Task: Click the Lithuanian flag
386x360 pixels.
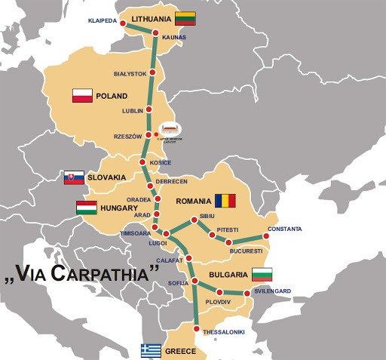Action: coord(185,18)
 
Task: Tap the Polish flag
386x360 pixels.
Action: coord(82,96)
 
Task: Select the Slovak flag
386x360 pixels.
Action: coord(74,177)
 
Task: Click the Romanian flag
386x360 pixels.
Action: coord(225,201)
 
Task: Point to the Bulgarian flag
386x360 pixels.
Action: coord(262,274)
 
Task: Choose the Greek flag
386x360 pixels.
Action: coord(151,351)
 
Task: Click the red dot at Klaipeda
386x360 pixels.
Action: coord(124,23)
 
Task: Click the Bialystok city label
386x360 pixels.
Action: coord(129,74)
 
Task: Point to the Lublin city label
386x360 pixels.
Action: coord(132,111)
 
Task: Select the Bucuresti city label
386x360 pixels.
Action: coord(246,250)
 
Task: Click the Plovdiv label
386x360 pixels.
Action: coord(218,302)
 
